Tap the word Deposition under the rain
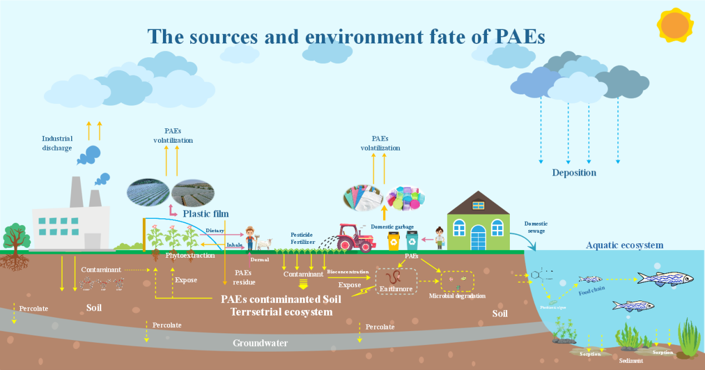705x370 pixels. (x=574, y=173)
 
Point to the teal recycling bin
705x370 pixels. (x=412, y=241)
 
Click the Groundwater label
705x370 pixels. (x=260, y=343)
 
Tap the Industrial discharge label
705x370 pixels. (x=57, y=143)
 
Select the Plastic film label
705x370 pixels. (x=206, y=214)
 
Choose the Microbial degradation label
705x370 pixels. (x=457, y=296)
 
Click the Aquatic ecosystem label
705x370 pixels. (x=624, y=246)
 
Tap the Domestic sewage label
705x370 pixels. (x=536, y=227)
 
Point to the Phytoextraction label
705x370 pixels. (x=190, y=256)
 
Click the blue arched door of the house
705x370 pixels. (x=478, y=238)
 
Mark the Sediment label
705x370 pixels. (x=630, y=361)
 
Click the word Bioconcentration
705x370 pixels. (x=347, y=272)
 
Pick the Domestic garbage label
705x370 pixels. (x=392, y=227)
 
